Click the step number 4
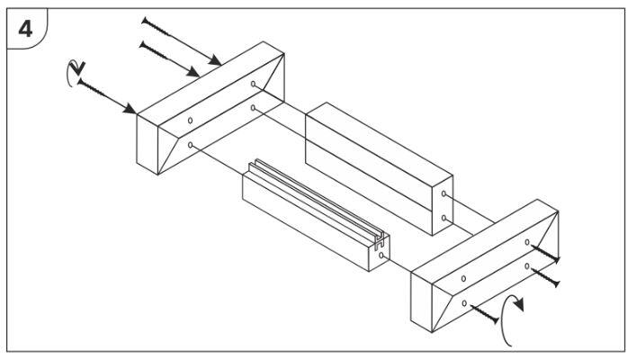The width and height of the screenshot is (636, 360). click(25, 29)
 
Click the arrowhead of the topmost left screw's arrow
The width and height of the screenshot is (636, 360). click(215, 60)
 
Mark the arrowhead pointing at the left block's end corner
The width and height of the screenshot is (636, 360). click(130, 109)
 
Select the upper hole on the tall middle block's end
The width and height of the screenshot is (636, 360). click(443, 194)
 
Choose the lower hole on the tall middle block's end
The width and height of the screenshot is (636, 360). click(443, 219)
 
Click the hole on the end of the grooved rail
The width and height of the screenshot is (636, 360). click(381, 256)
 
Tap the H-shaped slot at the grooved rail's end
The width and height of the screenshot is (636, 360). click(379, 242)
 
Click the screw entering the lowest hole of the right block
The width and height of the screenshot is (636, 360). click(484, 314)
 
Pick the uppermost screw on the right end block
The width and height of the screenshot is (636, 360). click(545, 254)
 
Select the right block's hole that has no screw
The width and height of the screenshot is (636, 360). click(463, 279)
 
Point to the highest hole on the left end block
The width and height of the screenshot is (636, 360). click(253, 84)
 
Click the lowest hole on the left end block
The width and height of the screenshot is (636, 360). click(190, 145)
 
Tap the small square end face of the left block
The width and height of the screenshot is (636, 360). click(148, 145)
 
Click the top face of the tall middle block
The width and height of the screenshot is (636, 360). click(380, 140)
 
